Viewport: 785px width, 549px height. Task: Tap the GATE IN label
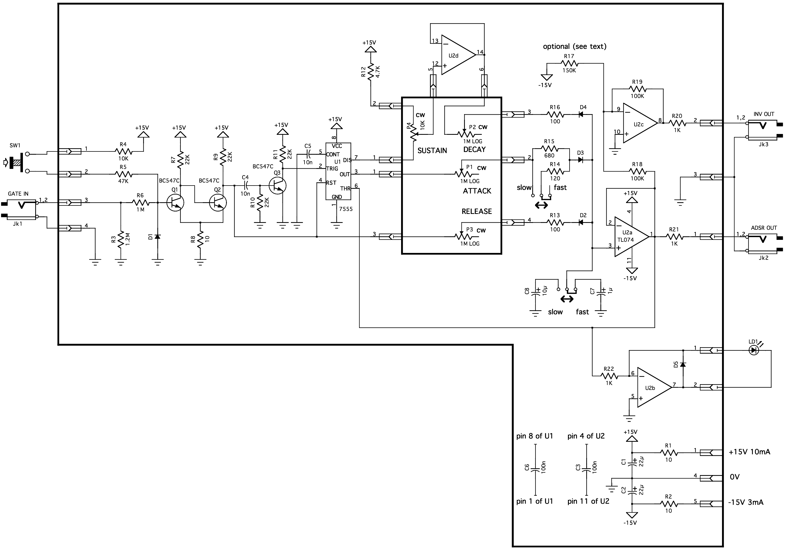tap(18, 194)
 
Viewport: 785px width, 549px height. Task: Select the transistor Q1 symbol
tap(175, 202)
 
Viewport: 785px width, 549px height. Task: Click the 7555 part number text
tap(346, 209)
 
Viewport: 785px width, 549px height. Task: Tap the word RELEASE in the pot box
tap(477, 211)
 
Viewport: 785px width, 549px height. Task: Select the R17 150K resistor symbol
tap(569, 63)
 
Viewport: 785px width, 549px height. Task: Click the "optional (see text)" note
tap(575, 46)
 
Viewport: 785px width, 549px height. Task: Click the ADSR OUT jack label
tap(764, 228)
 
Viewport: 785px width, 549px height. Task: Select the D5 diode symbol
tap(683, 365)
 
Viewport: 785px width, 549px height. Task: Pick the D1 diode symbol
tap(157, 236)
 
